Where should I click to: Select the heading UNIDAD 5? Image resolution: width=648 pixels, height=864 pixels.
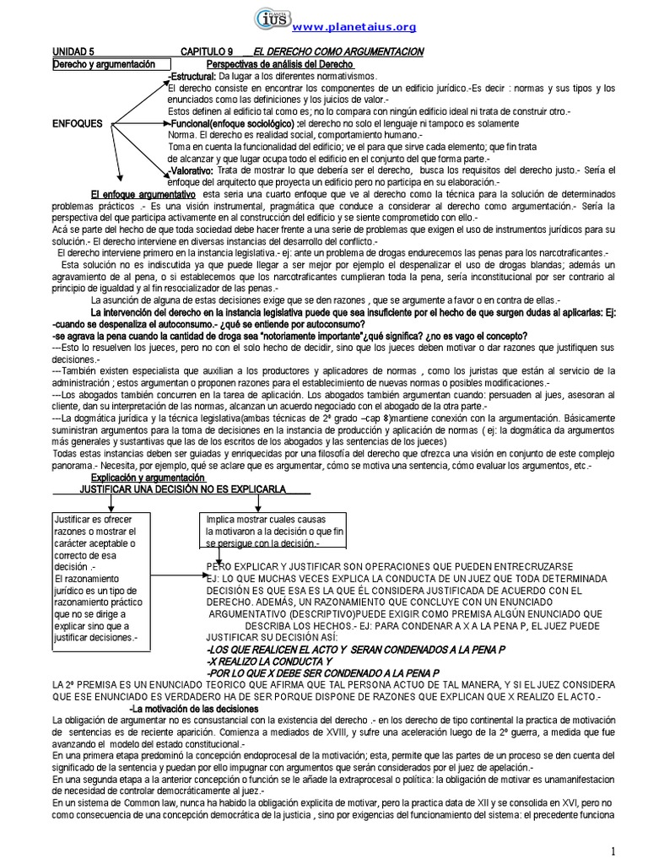point(75,52)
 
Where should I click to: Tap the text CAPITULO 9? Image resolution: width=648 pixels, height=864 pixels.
point(208,52)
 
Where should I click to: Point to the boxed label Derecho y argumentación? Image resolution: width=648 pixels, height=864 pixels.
point(104,64)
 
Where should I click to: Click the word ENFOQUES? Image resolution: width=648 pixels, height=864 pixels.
point(77,123)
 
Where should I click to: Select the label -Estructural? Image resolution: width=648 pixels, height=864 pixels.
point(192,76)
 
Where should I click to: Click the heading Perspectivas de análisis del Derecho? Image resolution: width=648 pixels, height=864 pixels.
point(280,64)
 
